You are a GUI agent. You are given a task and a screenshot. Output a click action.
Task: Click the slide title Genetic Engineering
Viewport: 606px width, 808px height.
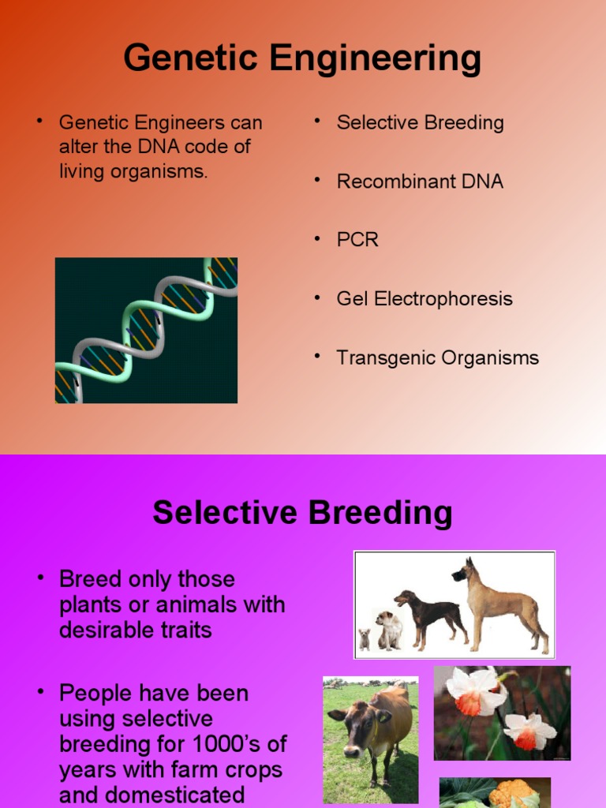(302, 58)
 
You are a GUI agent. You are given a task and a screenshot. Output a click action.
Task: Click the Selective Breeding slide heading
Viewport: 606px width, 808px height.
(302, 513)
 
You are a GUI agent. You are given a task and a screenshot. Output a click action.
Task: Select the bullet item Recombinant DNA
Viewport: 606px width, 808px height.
(420, 181)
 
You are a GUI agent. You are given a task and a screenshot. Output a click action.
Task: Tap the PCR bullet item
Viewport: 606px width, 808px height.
(357, 240)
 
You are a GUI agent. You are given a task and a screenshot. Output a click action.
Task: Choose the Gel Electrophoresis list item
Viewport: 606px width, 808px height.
(425, 299)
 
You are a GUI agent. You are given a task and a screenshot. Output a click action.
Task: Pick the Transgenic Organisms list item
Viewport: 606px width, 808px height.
(437, 357)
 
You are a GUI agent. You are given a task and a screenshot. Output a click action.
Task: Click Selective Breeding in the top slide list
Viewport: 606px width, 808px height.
(420, 123)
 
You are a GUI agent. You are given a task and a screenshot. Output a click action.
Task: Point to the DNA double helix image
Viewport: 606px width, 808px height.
(146, 330)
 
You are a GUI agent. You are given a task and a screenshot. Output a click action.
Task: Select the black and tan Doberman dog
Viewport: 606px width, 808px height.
(430, 615)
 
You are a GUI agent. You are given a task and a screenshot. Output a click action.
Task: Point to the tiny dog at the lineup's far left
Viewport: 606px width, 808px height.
(365, 638)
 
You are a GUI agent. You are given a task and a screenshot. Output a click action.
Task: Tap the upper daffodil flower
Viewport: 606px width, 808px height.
(475, 691)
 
